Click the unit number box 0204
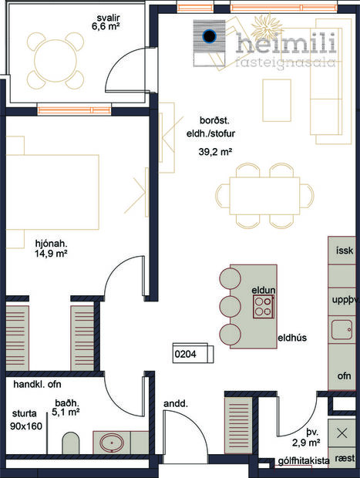point(187,354)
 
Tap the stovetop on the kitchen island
point(263,307)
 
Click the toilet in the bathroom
point(70,444)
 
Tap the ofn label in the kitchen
point(344,375)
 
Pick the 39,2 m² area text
point(216,152)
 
